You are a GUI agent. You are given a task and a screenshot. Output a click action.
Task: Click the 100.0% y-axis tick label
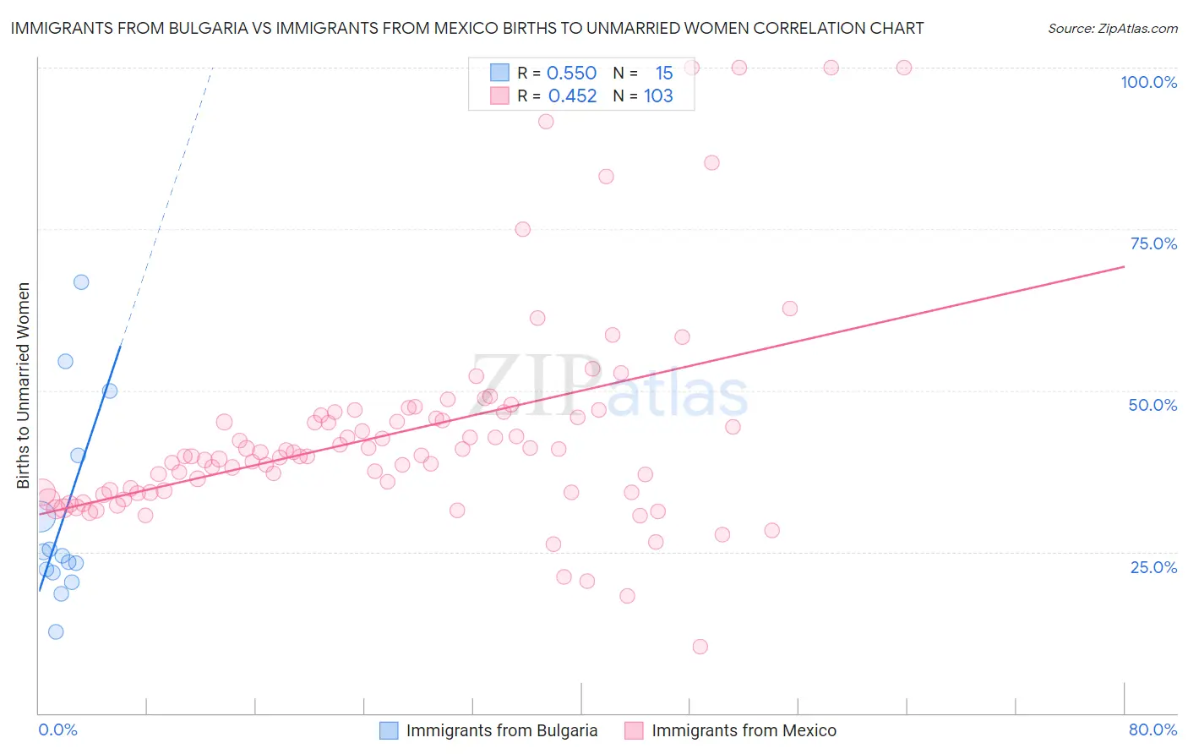point(1148,82)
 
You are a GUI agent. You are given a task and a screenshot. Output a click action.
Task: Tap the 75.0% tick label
point(1153,243)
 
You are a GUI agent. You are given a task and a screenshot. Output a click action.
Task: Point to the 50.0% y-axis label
point(1153,405)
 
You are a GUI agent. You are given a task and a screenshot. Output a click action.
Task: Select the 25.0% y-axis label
point(1153,566)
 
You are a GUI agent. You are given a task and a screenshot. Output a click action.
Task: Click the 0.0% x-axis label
point(57,729)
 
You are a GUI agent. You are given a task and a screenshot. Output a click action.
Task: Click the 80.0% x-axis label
point(1153,729)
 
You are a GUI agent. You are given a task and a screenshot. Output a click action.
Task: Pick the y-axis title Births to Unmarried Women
point(24,385)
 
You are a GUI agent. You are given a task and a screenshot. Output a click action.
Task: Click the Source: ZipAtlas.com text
point(1112,28)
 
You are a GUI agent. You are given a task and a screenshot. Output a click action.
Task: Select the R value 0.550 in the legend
point(571,74)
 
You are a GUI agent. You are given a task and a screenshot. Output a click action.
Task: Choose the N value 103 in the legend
point(658,96)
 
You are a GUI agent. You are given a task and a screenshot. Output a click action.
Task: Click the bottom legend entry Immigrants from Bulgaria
point(501,730)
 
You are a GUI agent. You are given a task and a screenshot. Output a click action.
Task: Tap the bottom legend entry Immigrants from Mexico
point(744,730)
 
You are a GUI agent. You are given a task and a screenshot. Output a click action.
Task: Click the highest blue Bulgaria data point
point(81,282)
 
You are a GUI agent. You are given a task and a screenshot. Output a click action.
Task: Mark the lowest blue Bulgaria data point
point(56,631)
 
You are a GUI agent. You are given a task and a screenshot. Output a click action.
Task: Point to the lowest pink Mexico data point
point(700,647)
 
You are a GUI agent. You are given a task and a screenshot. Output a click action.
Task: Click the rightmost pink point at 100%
point(904,68)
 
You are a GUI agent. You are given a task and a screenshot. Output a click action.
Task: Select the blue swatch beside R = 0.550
point(500,74)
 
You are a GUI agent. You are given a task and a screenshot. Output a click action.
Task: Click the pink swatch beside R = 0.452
point(500,96)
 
